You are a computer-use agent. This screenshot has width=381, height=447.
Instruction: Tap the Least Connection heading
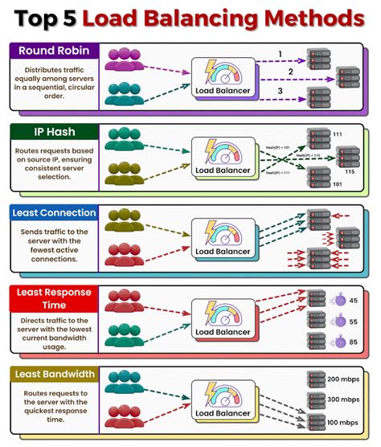click(53, 213)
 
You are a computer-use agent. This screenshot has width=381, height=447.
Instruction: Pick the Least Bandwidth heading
click(52, 374)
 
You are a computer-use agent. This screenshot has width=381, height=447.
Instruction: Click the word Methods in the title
click(306, 17)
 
